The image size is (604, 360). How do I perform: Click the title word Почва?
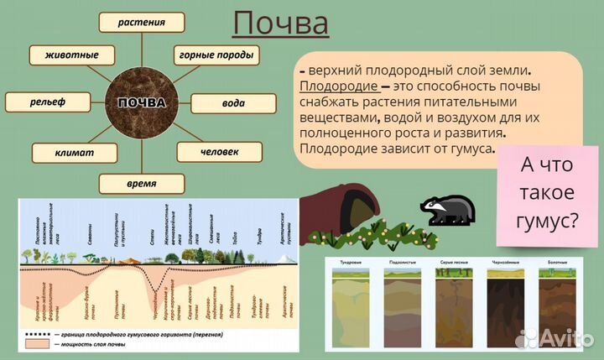280,24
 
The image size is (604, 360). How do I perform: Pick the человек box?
220,152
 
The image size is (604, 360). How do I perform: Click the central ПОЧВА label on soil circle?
142,103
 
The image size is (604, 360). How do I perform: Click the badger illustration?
449,210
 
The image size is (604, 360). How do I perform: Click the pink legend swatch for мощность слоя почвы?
38,345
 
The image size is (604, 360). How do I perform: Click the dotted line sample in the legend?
38,333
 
